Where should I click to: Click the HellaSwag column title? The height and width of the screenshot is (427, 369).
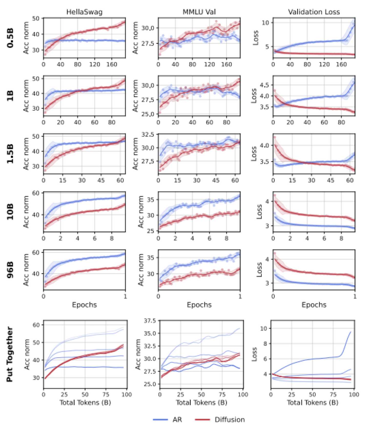(x=84, y=12)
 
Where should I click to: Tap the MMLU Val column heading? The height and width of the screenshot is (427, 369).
(x=199, y=12)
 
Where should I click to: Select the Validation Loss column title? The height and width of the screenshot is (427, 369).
(x=314, y=12)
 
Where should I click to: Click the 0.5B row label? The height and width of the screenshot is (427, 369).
(x=10, y=38)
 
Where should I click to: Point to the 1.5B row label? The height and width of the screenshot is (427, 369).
(x=10, y=154)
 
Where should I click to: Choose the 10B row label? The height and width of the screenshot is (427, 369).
(x=10, y=212)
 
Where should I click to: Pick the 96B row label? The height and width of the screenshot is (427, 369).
(x=10, y=270)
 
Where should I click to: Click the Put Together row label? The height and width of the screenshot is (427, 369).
(x=10, y=354)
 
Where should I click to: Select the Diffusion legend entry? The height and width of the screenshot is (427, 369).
(x=230, y=420)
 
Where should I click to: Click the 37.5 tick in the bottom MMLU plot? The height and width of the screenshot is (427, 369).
(x=150, y=321)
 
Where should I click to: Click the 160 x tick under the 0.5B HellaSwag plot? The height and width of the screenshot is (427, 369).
(x=112, y=64)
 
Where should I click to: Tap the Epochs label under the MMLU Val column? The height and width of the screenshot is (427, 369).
(x=199, y=305)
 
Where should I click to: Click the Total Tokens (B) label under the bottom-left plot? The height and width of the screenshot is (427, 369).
(x=85, y=403)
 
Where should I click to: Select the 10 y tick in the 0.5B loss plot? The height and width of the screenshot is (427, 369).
(x=265, y=23)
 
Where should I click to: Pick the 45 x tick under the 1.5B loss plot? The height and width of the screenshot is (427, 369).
(x=331, y=180)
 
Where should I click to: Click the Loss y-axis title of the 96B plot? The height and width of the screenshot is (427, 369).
(x=259, y=270)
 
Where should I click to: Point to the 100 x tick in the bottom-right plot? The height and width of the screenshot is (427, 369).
(x=354, y=394)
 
